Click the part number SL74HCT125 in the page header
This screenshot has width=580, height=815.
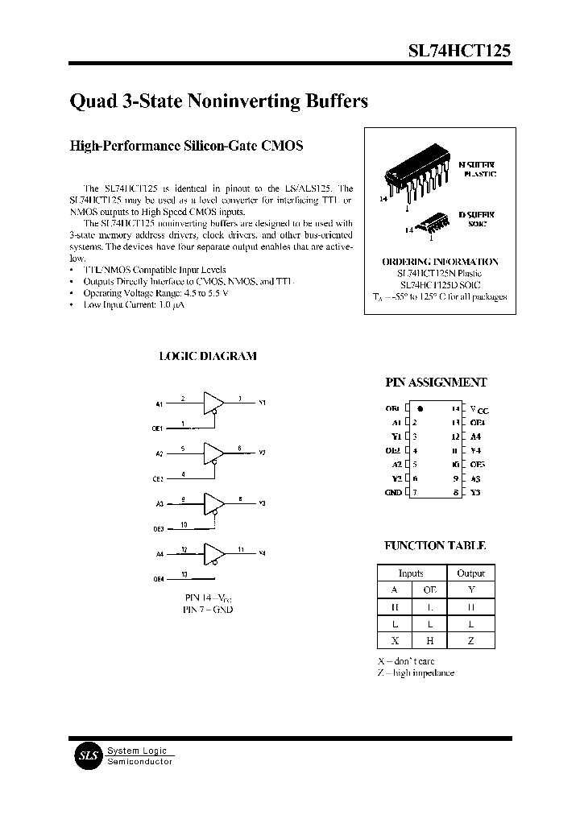pyautogui.click(x=458, y=50)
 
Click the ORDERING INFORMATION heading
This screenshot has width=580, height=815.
pyautogui.click(x=440, y=262)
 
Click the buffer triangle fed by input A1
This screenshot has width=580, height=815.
pyautogui.click(x=213, y=402)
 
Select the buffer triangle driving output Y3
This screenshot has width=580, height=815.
pyautogui.click(x=213, y=503)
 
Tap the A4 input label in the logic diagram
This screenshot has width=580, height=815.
pyautogui.click(x=159, y=554)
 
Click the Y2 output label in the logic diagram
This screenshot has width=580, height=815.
pyautogui.click(x=263, y=453)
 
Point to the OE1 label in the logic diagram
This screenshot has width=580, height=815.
pyautogui.click(x=158, y=428)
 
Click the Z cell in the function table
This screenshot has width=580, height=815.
pyautogui.click(x=470, y=640)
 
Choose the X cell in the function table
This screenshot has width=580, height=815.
pyautogui.click(x=395, y=640)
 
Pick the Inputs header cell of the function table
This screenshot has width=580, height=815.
pyautogui.click(x=411, y=573)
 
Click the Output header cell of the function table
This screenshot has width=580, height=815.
pyautogui.click(x=470, y=573)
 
